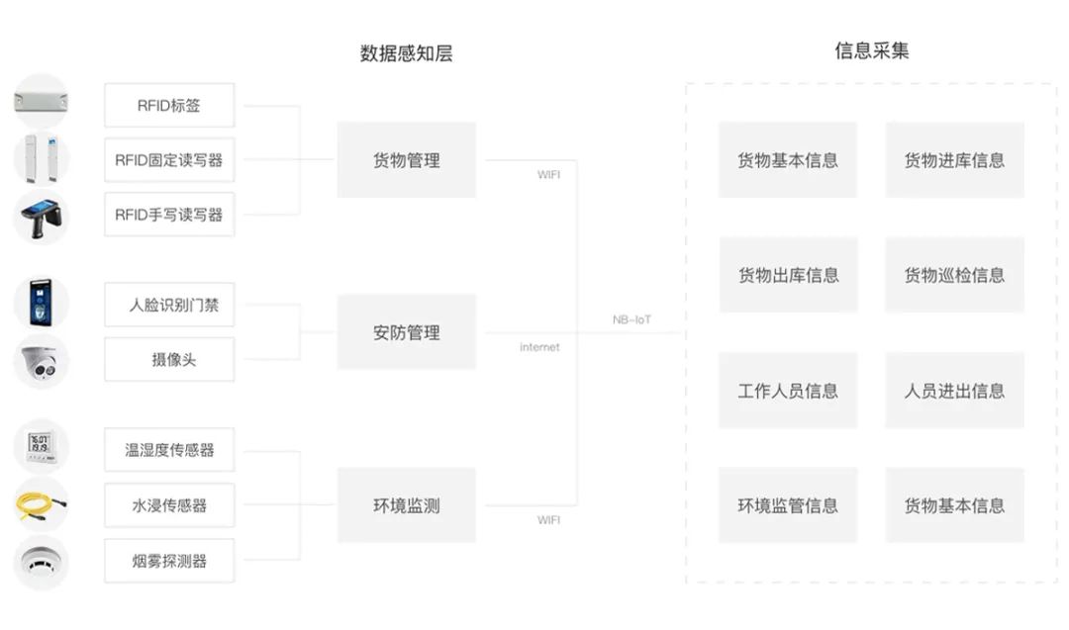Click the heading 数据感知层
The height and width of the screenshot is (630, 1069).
click(x=406, y=53)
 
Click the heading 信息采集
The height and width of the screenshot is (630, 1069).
click(x=871, y=51)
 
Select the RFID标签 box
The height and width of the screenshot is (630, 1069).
click(x=169, y=105)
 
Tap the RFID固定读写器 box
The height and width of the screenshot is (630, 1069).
click(x=169, y=160)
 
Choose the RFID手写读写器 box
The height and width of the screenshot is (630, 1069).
click(x=169, y=215)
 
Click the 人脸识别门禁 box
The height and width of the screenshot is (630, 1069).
click(x=169, y=305)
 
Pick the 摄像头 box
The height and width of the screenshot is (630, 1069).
click(x=169, y=360)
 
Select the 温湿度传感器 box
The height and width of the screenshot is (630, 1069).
click(x=169, y=450)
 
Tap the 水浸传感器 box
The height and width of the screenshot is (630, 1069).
click(x=169, y=505)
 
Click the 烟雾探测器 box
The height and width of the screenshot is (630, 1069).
click(x=169, y=561)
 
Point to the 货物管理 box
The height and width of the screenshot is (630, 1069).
click(x=406, y=160)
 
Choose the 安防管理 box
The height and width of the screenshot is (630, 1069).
click(x=406, y=332)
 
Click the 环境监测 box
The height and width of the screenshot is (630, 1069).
click(x=406, y=505)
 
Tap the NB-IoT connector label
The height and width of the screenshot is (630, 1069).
click(x=632, y=319)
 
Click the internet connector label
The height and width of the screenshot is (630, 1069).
click(x=539, y=347)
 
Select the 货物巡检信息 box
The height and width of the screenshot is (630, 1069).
click(x=954, y=275)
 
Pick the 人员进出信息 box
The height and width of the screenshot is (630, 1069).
click(x=954, y=391)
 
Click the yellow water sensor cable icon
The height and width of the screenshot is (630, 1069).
click(x=41, y=505)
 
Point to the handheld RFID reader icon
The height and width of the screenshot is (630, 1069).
click(x=41, y=217)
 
